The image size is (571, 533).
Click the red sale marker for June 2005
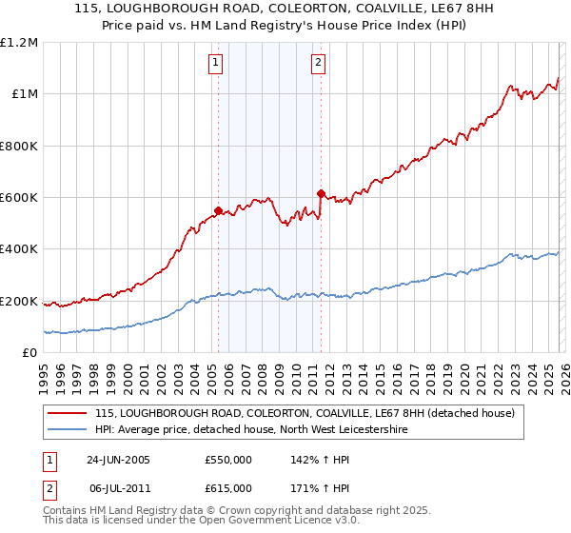(x=218, y=210)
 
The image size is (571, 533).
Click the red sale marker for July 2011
(x=321, y=193)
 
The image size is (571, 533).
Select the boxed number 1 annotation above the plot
(x=217, y=64)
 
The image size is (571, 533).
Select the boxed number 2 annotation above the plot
(x=317, y=64)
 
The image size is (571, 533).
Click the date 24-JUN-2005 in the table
(x=118, y=460)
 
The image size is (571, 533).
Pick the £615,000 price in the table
(x=228, y=487)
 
